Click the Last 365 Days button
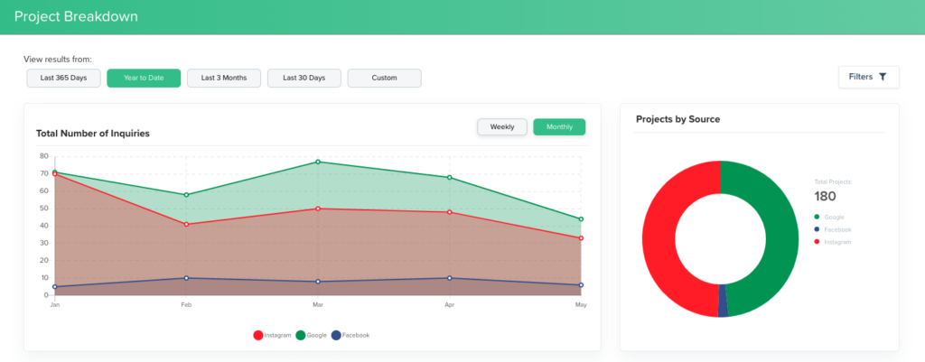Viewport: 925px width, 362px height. pos(63,79)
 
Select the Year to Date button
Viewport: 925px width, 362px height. pos(144,79)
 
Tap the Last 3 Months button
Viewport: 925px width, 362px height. pos(224,79)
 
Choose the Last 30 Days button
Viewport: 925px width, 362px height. pos(304,79)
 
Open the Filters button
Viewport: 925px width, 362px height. pos(868,78)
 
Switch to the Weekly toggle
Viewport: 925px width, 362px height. pos(502,127)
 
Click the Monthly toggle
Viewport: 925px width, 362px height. pos(559,127)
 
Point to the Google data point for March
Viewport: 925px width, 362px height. pos(318,162)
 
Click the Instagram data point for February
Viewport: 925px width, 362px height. pos(186,224)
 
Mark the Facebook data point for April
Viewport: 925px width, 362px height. pos(449,278)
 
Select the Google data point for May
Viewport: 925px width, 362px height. pos(581,219)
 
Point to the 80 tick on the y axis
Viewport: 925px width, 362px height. pos(43,156)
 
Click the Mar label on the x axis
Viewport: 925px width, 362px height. pos(318,305)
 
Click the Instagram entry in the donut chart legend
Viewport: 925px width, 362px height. pos(836,242)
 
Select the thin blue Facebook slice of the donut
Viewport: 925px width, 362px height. pos(723,307)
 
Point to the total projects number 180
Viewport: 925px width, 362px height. pos(825,197)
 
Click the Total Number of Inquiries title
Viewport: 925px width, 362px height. pos(93,134)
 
